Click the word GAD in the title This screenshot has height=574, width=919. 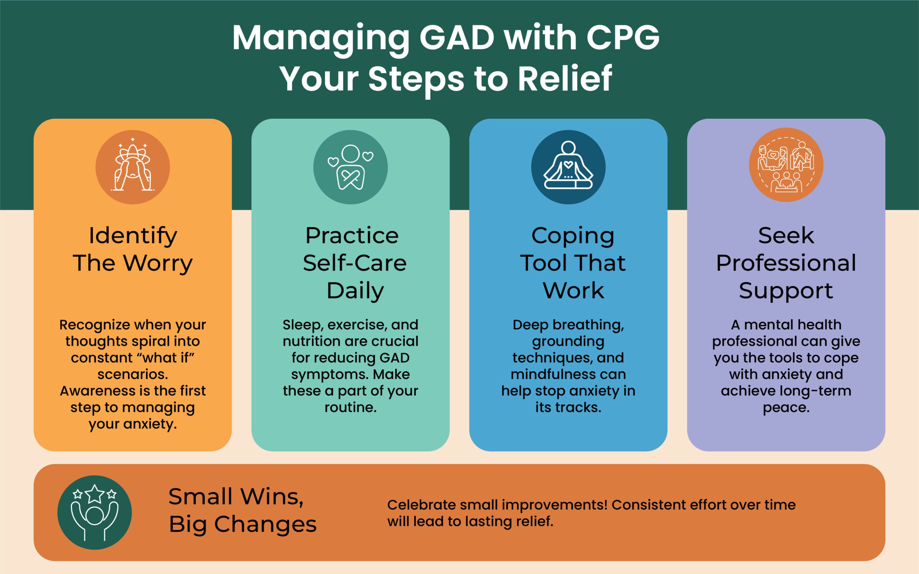click(x=457, y=38)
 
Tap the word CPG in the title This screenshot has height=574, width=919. click(x=623, y=38)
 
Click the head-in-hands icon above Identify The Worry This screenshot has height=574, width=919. click(x=132, y=167)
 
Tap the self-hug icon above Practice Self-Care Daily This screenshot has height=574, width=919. click(x=350, y=167)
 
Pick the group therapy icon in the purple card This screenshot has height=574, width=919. click(x=786, y=165)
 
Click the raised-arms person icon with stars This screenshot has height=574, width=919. click(x=94, y=513)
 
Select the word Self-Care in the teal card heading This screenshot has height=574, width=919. click(x=355, y=263)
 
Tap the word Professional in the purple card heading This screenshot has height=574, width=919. click(x=786, y=263)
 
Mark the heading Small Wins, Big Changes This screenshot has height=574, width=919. click(x=242, y=510)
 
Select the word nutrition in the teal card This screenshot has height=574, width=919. click(x=311, y=341)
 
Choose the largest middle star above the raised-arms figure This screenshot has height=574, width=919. click(x=94, y=494)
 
